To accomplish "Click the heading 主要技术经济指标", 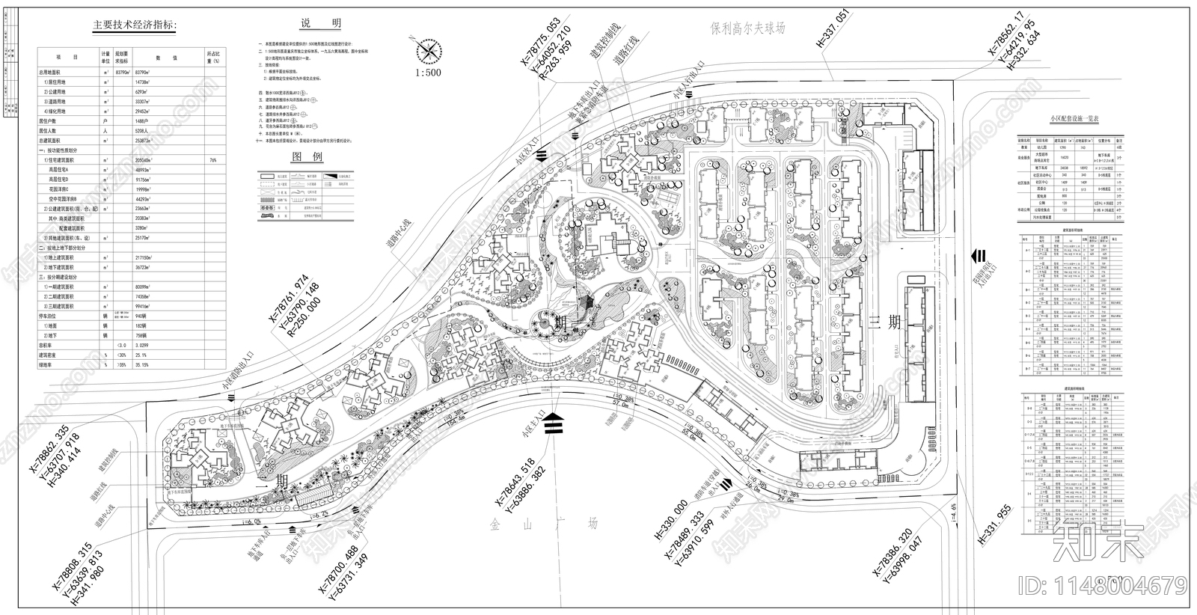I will click(x=135, y=25).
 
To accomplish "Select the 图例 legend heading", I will click(x=307, y=158).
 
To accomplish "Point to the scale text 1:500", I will click(x=427, y=73).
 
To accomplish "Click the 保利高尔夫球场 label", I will click(x=759, y=28).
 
